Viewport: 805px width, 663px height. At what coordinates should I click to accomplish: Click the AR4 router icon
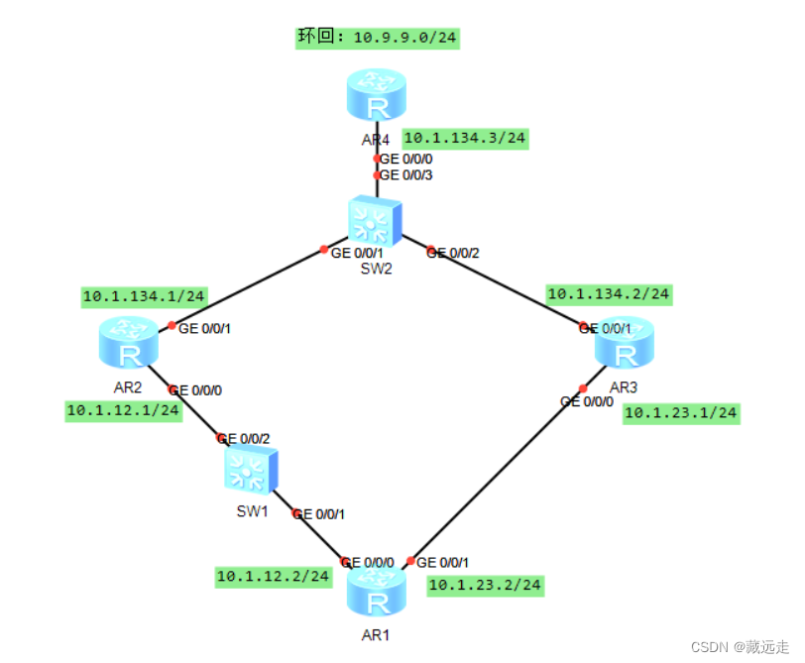point(377,96)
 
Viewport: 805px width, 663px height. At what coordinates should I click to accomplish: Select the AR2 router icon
point(129,342)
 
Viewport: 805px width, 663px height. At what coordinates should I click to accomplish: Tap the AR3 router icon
point(625,343)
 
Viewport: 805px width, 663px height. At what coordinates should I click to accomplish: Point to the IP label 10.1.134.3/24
point(465,138)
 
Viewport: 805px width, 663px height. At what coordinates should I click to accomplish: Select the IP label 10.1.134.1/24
point(144,295)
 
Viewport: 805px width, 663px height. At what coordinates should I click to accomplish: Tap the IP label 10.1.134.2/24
point(609,293)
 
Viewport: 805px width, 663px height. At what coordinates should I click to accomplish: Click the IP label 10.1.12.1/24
point(123,409)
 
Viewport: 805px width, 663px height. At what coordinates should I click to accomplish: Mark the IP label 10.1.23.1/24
point(681,413)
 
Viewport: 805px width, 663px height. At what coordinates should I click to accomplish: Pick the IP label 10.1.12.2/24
point(273,575)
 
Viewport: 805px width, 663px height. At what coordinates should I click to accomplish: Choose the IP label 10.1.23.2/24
point(485,586)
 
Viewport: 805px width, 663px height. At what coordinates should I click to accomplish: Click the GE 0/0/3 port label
point(406,175)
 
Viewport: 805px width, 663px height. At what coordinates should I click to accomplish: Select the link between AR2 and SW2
point(248,287)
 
